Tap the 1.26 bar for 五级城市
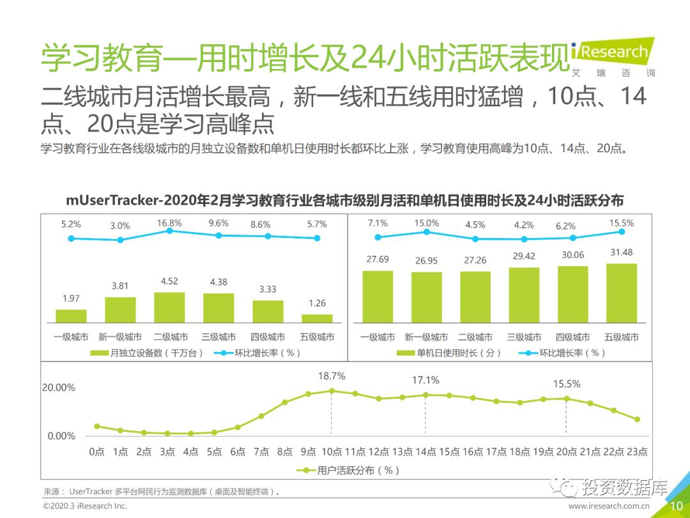point(317,318)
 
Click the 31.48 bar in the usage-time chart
point(621,292)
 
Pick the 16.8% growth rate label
point(169,223)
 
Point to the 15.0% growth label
point(426,223)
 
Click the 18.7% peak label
point(332,376)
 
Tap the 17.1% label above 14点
point(425,380)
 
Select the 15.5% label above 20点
point(567,384)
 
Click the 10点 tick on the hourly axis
point(332,451)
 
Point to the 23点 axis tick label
point(636,451)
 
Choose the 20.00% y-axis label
point(59,388)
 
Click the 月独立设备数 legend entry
point(147,352)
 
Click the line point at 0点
point(97,426)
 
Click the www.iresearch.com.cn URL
point(609,506)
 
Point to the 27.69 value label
point(378,259)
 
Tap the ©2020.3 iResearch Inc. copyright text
point(85,506)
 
